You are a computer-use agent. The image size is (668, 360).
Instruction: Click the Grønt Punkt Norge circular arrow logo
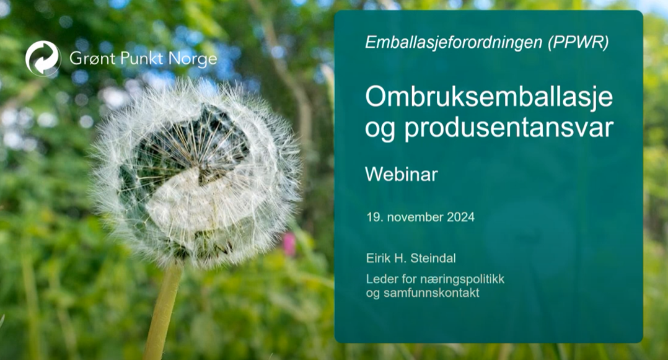pyautogui.click(x=43, y=58)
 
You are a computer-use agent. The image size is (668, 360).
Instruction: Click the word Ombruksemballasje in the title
pyautogui.click(x=488, y=97)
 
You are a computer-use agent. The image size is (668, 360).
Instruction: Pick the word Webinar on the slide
pyautogui.click(x=401, y=174)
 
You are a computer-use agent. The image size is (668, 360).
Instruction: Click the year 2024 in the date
pyautogui.click(x=460, y=217)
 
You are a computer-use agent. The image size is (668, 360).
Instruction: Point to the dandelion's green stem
pyautogui.click(x=163, y=310)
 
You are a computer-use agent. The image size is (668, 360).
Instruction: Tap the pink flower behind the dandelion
pyautogui.click(x=289, y=244)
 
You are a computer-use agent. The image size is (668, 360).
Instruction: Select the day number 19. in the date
pyautogui.click(x=373, y=217)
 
